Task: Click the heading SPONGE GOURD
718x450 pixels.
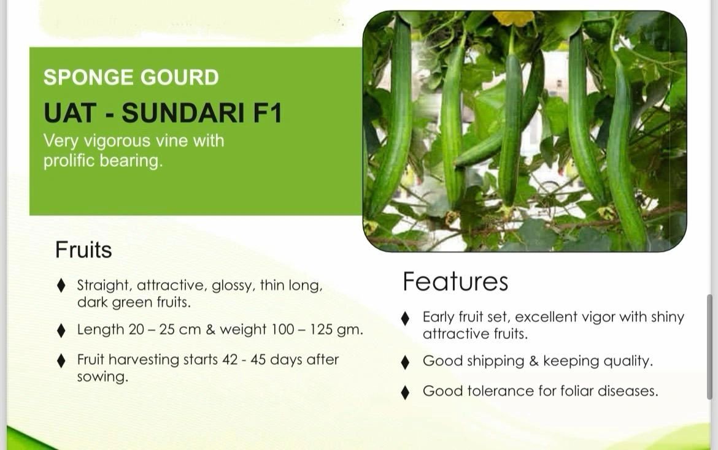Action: (x=131, y=77)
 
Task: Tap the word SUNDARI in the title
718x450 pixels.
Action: (x=183, y=113)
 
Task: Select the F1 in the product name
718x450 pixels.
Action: (x=267, y=113)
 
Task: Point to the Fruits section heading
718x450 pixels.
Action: (x=83, y=250)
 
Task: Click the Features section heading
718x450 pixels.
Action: (x=455, y=281)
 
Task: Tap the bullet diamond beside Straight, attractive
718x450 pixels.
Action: (x=61, y=286)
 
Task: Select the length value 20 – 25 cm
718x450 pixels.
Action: (x=164, y=329)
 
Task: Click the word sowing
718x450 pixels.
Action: (x=102, y=377)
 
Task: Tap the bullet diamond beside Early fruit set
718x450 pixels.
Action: (x=405, y=318)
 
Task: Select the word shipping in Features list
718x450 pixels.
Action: (x=496, y=361)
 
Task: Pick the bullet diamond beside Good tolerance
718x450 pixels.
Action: (x=405, y=392)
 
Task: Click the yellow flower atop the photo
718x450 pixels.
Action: (x=513, y=18)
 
